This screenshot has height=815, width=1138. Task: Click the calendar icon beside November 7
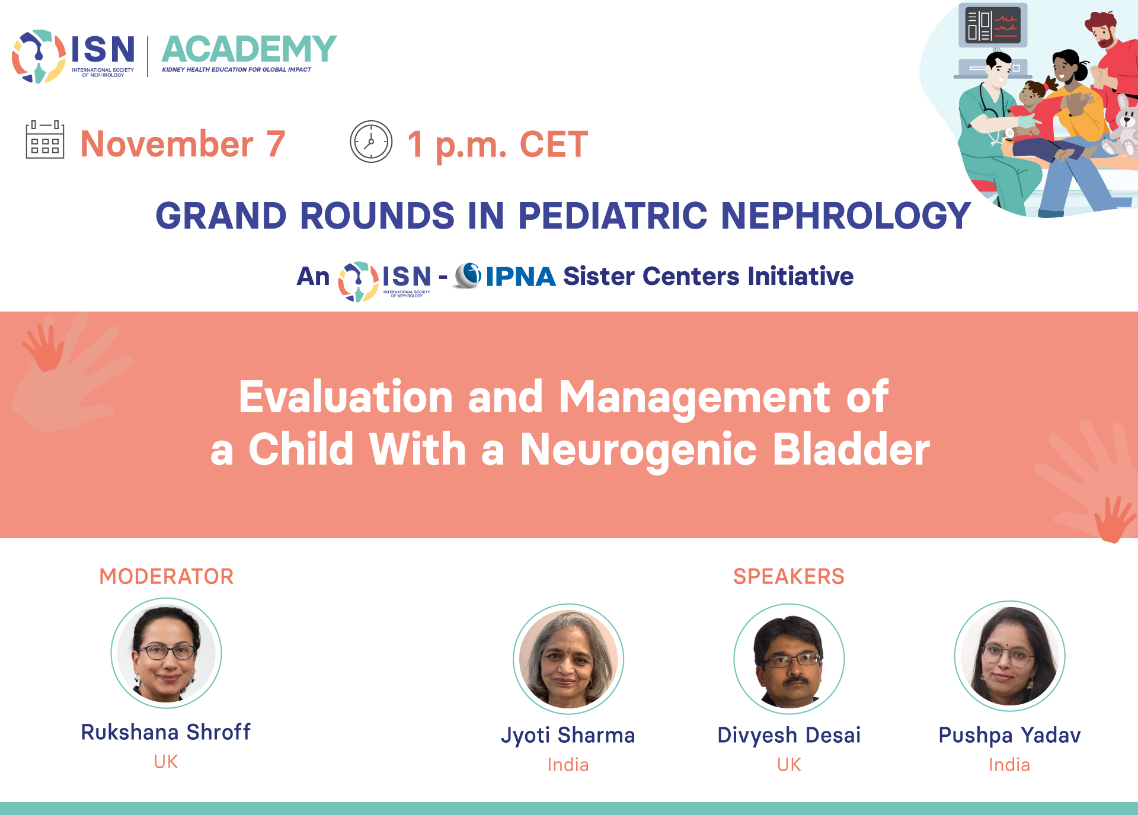pyautogui.click(x=45, y=140)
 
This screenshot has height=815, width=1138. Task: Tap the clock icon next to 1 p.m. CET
pyautogui.click(x=371, y=142)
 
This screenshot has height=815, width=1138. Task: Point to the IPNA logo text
pyautogui.click(x=520, y=277)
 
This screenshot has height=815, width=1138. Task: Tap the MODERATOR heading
pyautogui.click(x=167, y=576)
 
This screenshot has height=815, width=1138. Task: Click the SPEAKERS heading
pyautogui.click(x=789, y=576)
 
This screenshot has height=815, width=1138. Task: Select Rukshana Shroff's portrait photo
pyautogui.click(x=167, y=653)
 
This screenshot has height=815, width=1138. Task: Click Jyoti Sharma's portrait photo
pyautogui.click(x=568, y=659)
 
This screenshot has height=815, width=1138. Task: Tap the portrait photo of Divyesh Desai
pyautogui.click(x=789, y=659)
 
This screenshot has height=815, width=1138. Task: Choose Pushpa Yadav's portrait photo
pyautogui.click(x=1010, y=656)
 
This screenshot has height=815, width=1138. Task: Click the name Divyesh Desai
pyautogui.click(x=789, y=735)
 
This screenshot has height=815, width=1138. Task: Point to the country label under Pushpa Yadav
pyautogui.click(x=1009, y=765)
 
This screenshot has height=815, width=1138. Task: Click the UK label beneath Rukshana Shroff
pyautogui.click(x=166, y=762)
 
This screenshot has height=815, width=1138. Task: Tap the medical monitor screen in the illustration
pyautogui.click(x=993, y=25)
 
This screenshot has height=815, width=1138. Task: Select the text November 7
pyautogui.click(x=183, y=144)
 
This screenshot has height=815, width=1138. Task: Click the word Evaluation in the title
pyautogui.click(x=346, y=396)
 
